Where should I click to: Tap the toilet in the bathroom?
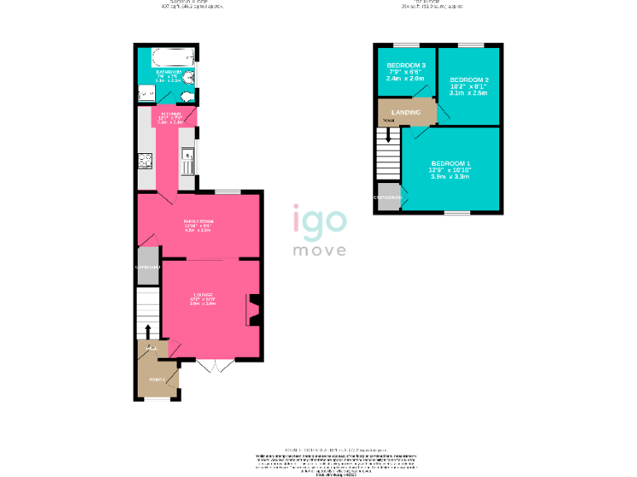coord(187,96)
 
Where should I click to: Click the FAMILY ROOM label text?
coord(198,222)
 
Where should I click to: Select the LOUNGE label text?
coord(204,295)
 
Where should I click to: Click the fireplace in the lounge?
coord(253,310)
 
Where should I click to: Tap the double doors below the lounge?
coord(212,366)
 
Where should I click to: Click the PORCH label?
coord(155,379)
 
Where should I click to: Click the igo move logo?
coord(318,232)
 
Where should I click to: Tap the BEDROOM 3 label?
coord(406,65)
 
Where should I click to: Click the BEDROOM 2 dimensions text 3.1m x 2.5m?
coord(469,94)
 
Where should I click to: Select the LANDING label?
coord(406,113)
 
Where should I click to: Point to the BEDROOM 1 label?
coord(450,163)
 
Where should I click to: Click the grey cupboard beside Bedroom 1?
coord(387,198)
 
